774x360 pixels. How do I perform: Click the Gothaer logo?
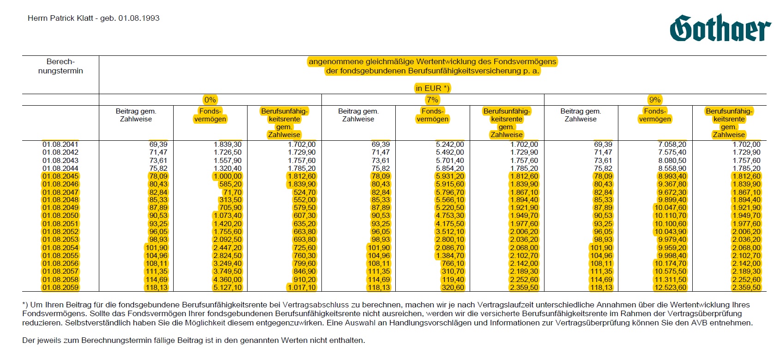tap(720, 28)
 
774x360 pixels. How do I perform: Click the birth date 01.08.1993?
tap(139, 18)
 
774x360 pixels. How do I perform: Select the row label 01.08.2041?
tap(60, 144)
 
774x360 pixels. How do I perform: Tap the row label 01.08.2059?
tap(60, 288)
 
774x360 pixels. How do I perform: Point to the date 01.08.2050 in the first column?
tap(60, 216)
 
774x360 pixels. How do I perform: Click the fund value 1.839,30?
tap(227, 144)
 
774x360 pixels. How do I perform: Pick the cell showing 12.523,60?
tap(671, 288)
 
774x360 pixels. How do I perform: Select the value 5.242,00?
tap(450, 144)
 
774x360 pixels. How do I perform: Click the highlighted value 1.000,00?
tap(227, 176)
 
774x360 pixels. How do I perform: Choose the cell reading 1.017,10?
tap(302, 288)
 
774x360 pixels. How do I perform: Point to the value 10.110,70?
tap(671, 216)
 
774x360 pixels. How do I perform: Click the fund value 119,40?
tap(453, 280)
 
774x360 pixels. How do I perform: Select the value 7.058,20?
tap(672, 144)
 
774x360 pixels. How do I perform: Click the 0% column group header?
tap(210, 100)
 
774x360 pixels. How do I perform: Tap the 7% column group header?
tap(432, 100)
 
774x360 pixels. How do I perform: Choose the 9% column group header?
tap(655, 100)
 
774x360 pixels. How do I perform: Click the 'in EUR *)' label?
tap(432, 89)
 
